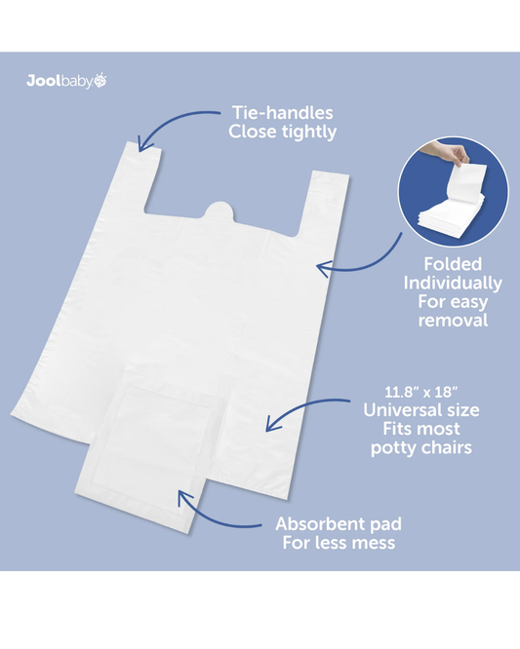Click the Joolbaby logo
click(x=66, y=81)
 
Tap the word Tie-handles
click(x=283, y=113)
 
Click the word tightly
click(x=309, y=133)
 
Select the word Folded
click(x=453, y=264)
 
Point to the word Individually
click(x=453, y=284)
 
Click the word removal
click(x=453, y=321)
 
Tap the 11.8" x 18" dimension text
click(x=420, y=392)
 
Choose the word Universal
click(x=397, y=410)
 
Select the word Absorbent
click(x=313, y=524)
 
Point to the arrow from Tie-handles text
click(x=168, y=122)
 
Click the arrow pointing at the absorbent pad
click(x=209, y=516)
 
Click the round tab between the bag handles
click(x=219, y=210)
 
